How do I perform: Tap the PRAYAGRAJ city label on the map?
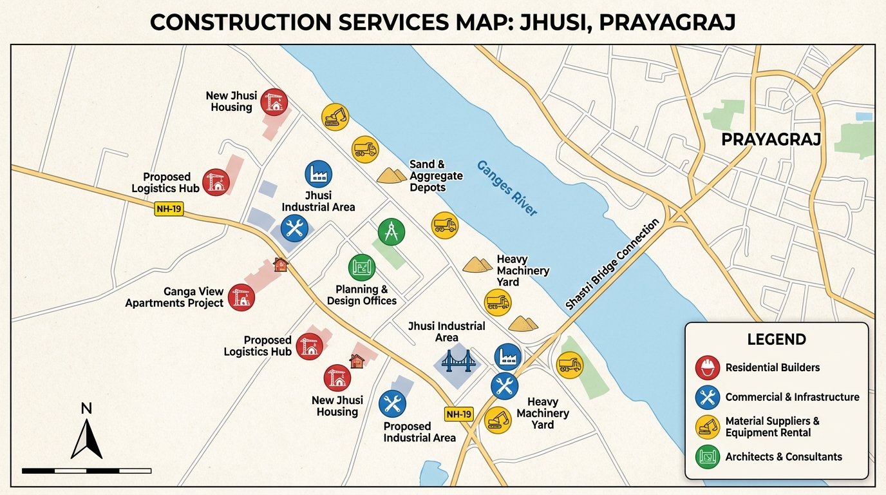click(771, 139)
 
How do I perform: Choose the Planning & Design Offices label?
click(362, 295)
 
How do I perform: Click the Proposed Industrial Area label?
click(419, 432)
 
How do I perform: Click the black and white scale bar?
click(86, 471)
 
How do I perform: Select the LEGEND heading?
click(776, 340)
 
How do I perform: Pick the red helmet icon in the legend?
click(708, 367)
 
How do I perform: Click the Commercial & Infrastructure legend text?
click(792, 397)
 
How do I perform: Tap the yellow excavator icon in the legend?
click(708, 427)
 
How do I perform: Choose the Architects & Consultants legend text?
click(783, 456)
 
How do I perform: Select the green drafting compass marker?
click(391, 231)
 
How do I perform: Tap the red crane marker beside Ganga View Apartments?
click(241, 297)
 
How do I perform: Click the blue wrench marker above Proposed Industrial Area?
click(391, 404)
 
